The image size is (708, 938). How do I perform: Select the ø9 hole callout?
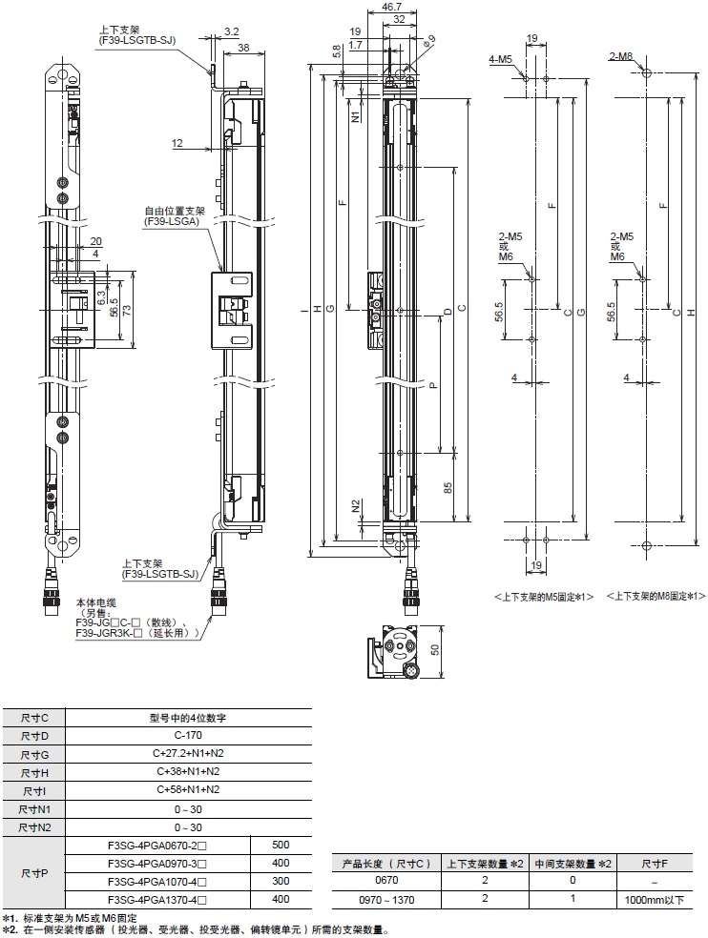429,38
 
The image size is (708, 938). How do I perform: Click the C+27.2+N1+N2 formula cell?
188,753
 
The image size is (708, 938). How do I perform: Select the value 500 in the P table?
281,845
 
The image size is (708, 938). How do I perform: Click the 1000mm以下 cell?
654,898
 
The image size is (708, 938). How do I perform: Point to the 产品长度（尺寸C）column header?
381,863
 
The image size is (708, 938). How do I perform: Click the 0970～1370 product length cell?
381,898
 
